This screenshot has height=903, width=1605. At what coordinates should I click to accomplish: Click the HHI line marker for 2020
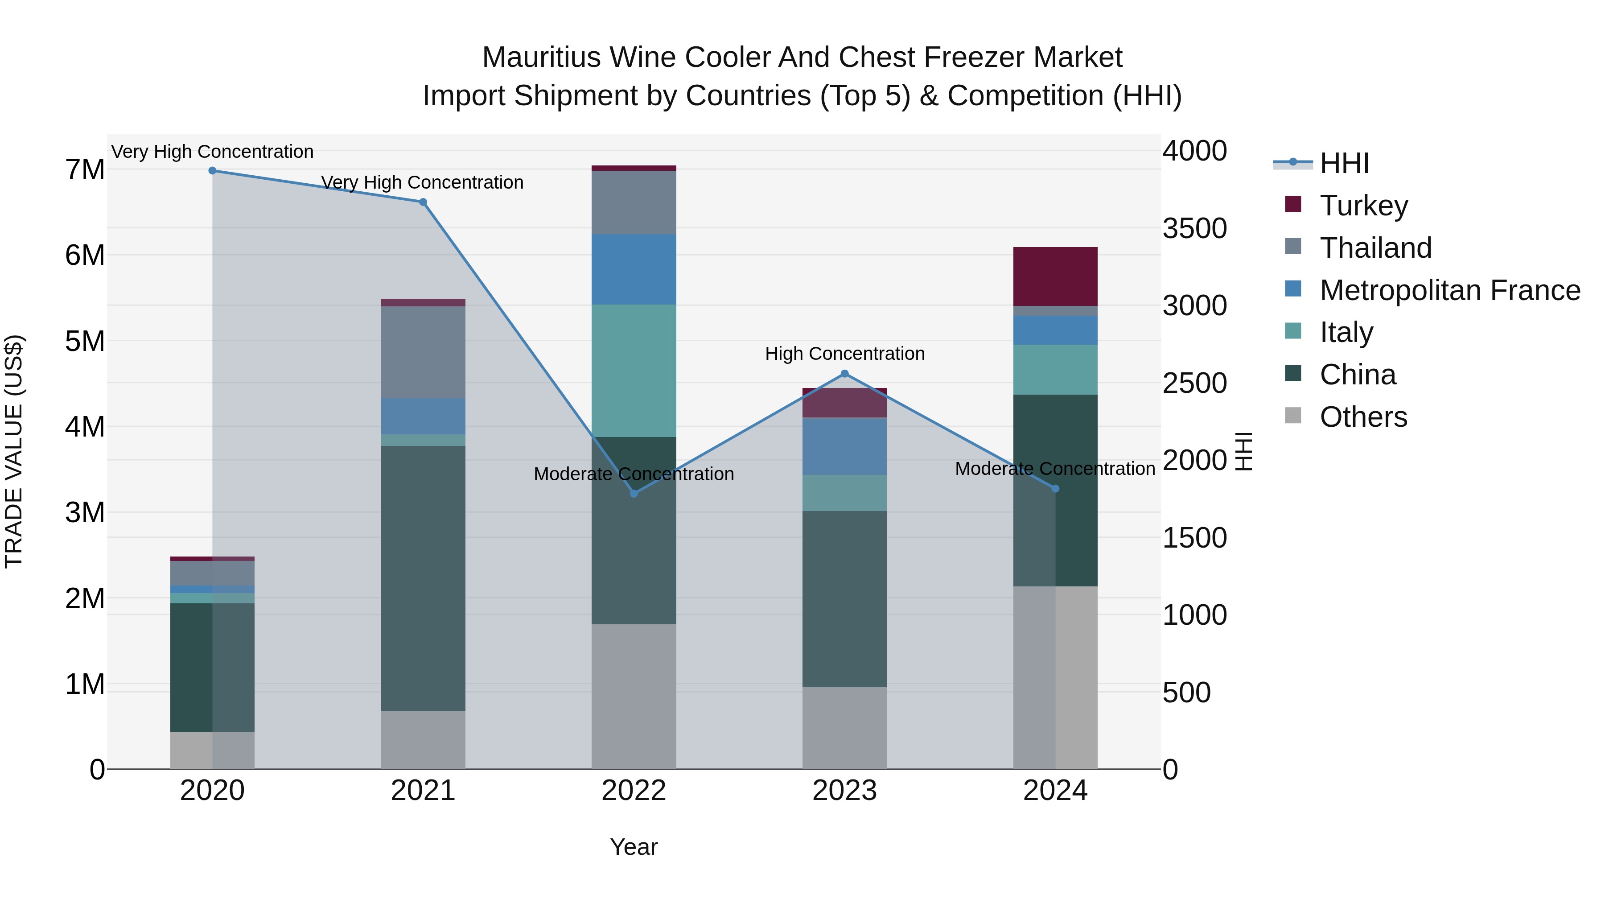(213, 171)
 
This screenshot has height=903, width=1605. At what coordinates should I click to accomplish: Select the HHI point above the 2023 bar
(845, 374)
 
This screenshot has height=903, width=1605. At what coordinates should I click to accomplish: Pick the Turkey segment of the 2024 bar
(1055, 276)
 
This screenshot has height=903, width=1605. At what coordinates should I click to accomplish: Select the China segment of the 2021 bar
(423, 578)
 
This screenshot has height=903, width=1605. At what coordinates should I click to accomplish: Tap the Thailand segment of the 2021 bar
(423, 352)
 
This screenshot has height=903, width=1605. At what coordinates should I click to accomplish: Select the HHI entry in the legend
(1344, 163)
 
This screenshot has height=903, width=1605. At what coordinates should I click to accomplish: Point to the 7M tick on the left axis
(85, 169)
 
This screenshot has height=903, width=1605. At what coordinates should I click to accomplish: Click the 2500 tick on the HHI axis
(1194, 383)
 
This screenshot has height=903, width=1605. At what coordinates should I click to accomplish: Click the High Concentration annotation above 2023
(844, 354)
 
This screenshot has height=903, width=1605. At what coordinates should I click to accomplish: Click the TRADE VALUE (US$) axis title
(14, 451)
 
